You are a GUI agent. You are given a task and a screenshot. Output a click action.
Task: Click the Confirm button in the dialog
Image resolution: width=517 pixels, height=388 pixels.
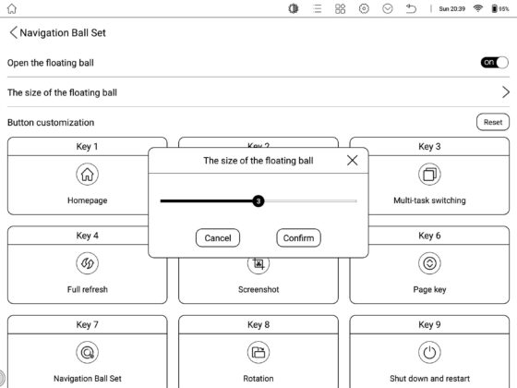tap(298, 238)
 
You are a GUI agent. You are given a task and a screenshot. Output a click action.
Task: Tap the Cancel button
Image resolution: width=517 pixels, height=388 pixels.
tap(218, 238)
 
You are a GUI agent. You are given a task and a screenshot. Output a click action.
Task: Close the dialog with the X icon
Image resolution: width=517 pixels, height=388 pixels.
tap(352, 161)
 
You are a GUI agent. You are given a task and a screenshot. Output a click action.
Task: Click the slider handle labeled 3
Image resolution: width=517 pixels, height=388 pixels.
tap(258, 200)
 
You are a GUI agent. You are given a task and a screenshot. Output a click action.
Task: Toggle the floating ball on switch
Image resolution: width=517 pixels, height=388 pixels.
tap(494, 63)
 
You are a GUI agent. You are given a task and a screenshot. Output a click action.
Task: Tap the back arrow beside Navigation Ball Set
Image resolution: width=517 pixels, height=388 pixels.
tap(13, 32)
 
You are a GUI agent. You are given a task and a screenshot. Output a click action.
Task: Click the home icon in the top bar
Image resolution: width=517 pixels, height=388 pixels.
tap(11, 8)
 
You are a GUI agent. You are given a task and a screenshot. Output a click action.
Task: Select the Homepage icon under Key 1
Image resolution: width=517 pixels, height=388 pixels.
tap(88, 175)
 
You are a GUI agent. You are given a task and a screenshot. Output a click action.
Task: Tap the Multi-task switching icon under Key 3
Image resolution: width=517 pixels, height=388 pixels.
tap(429, 175)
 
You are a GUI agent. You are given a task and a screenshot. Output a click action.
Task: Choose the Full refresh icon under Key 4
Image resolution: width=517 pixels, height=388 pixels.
tap(88, 263)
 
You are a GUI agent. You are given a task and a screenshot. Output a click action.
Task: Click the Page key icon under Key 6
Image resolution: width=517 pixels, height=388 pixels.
tap(429, 263)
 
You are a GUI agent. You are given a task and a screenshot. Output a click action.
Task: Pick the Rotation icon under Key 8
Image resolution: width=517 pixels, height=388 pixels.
tap(258, 352)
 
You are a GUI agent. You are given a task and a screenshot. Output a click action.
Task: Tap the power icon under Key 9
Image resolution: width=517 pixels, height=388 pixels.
tap(429, 352)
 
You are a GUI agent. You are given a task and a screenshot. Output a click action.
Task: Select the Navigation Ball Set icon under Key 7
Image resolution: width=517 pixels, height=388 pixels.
tap(88, 352)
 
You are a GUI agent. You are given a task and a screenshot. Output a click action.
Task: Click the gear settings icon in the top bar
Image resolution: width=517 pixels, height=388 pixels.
tap(364, 8)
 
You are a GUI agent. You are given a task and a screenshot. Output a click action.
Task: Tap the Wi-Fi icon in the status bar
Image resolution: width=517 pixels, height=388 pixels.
tap(478, 8)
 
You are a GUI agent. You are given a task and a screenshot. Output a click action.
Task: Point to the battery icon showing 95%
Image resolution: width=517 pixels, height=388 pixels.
tap(494, 8)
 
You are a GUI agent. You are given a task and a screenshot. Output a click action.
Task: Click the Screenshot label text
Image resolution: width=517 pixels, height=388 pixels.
tap(258, 289)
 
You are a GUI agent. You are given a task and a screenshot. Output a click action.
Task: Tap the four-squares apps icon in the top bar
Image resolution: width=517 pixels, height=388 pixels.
tap(340, 8)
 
